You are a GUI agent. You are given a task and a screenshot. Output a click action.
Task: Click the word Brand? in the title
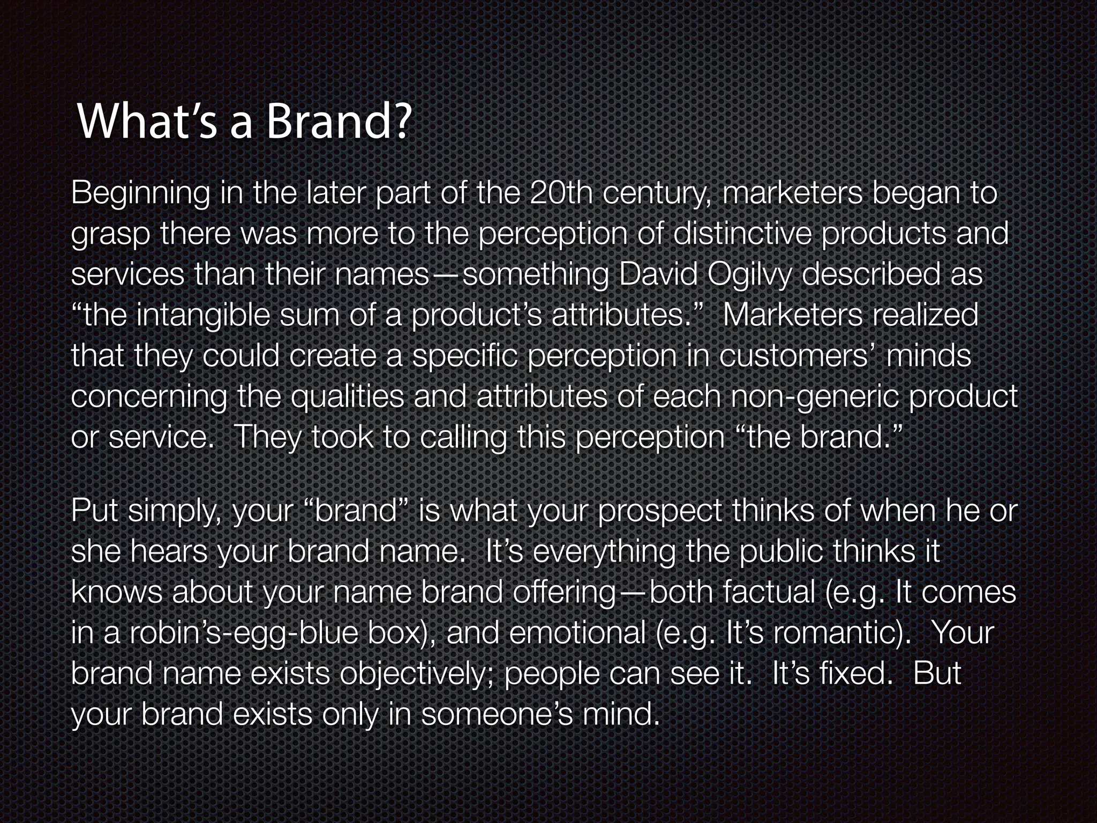(x=338, y=122)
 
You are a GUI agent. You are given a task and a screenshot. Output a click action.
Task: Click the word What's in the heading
(x=142, y=122)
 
